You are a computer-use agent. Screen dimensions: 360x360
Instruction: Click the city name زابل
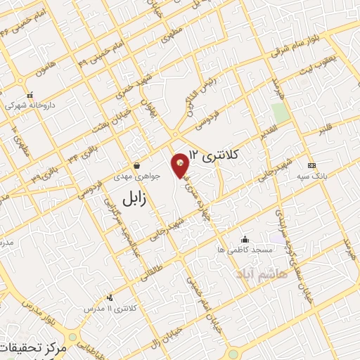coord(134,198)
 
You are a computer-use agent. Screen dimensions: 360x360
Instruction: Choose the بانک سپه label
coord(312,175)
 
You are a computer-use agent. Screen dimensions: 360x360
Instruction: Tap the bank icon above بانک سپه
coord(312,165)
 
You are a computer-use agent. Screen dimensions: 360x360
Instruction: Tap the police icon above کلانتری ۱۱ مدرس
coord(109,298)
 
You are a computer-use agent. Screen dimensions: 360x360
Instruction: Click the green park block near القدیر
coord(281,112)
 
